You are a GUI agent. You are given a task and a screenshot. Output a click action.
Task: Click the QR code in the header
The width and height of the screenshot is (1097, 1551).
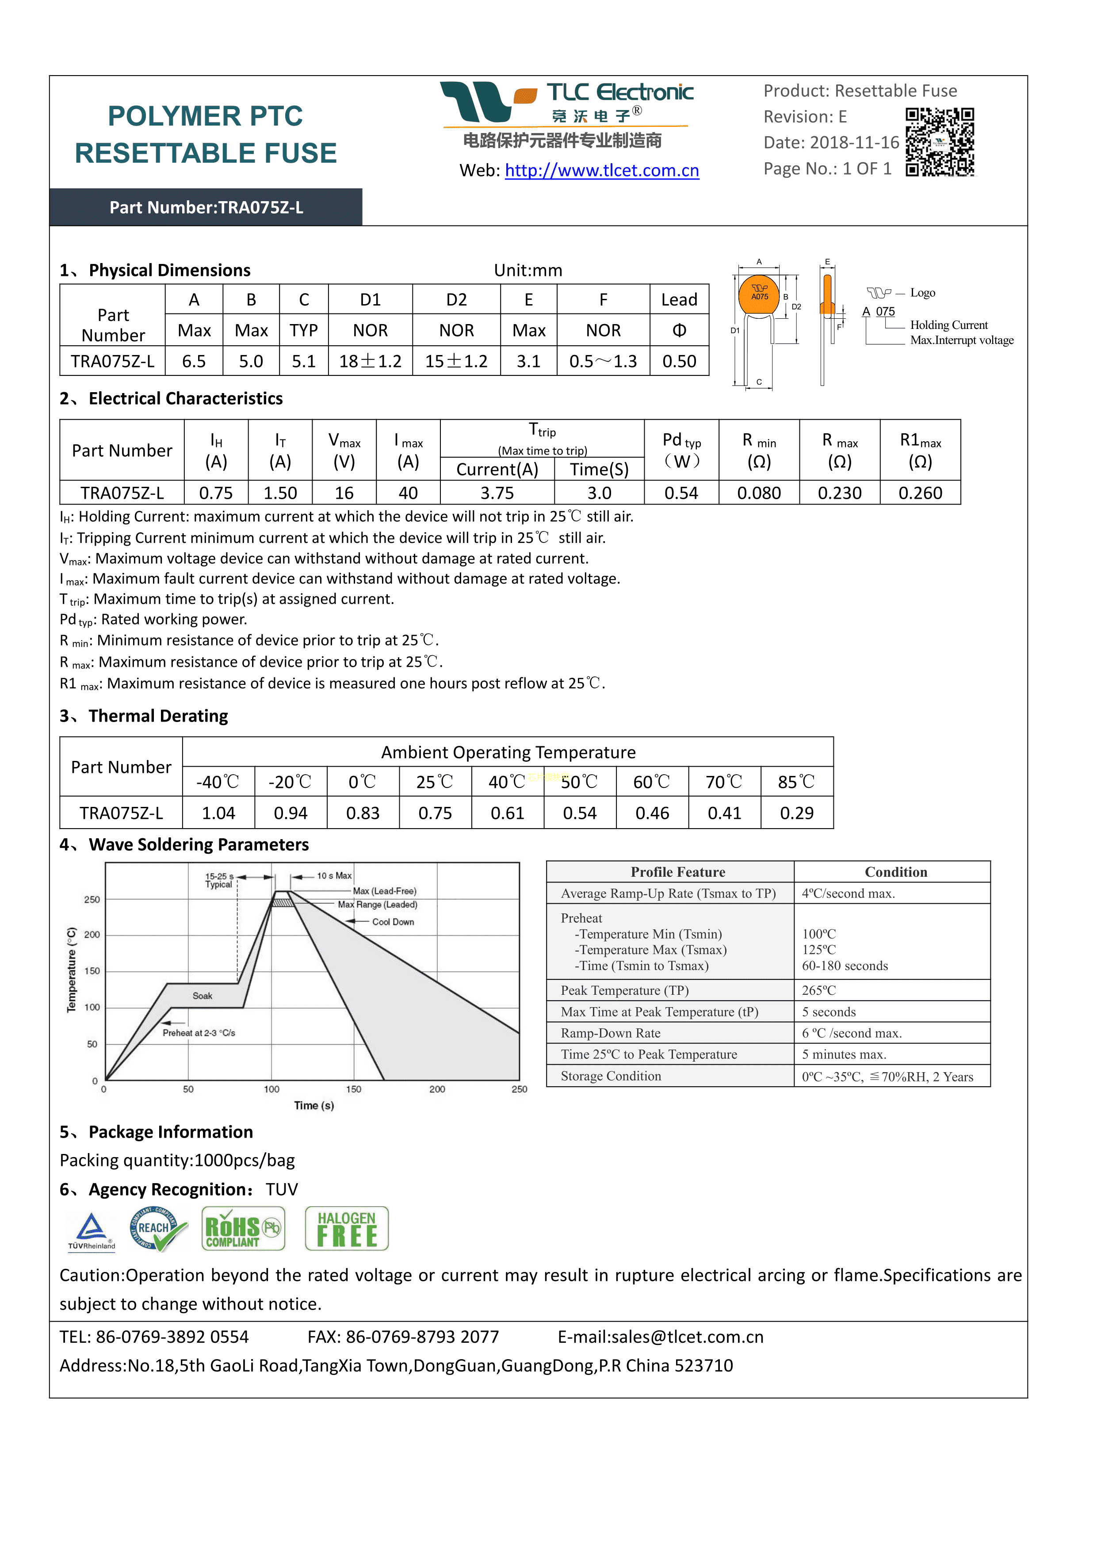point(940,142)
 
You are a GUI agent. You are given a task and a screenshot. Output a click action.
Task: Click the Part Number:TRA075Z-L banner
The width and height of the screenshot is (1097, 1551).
point(206,207)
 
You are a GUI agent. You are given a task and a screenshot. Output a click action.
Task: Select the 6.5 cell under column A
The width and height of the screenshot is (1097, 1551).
point(194,361)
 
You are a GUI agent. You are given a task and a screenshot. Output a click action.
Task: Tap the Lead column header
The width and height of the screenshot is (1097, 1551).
point(679,299)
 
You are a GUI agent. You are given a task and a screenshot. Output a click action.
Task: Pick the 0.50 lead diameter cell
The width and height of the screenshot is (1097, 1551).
point(679,361)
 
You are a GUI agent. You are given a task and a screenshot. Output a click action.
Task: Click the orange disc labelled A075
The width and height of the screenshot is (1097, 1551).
point(759,294)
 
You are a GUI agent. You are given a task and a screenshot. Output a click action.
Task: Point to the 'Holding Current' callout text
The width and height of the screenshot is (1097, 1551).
point(948,325)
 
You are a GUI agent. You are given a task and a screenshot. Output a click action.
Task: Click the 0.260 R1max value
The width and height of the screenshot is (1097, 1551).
point(920,493)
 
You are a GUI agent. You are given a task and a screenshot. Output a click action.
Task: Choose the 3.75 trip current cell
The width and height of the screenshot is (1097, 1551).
point(497,493)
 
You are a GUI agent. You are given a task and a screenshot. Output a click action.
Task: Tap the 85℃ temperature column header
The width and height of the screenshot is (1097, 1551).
point(796,782)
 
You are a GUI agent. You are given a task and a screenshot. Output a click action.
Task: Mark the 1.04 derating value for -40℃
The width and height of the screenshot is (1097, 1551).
point(218,814)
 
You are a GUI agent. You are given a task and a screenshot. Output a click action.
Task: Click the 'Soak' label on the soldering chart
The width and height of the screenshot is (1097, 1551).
point(202,996)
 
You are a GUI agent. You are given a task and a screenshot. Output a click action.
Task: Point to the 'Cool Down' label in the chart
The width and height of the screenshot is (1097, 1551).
point(393,922)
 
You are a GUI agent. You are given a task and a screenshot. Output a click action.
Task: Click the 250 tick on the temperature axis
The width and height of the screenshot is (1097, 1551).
point(92,900)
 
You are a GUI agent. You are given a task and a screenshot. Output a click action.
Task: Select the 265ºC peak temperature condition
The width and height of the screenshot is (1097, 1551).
point(819,990)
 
